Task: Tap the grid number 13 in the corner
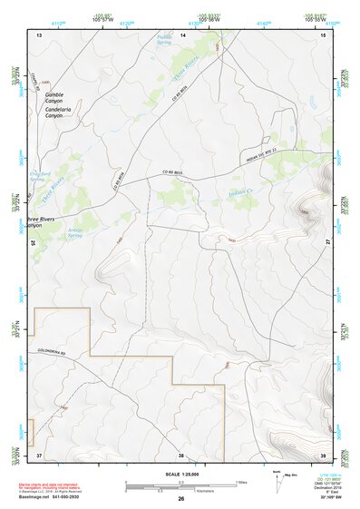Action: coord(39,34)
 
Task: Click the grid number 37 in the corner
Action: coord(39,454)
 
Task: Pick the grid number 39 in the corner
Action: coord(325,454)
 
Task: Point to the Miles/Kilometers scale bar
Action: coord(180,482)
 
